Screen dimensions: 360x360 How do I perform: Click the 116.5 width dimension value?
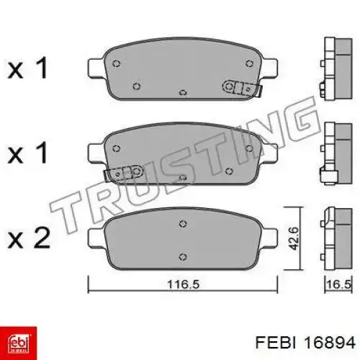[x=183, y=284]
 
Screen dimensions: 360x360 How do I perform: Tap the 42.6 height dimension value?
[x=293, y=238]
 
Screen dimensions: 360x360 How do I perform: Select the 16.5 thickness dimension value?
[x=339, y=284]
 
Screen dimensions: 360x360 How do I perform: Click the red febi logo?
[x=19, y=343]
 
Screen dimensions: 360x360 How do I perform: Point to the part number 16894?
[x=330, y=343]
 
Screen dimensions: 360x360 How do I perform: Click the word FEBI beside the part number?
[x=275, y=343]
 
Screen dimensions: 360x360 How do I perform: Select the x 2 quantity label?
[x=29, y=238]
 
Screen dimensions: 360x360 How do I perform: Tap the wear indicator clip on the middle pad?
[x=125, y=174]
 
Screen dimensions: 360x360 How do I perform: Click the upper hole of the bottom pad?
[x=183, y=224]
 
